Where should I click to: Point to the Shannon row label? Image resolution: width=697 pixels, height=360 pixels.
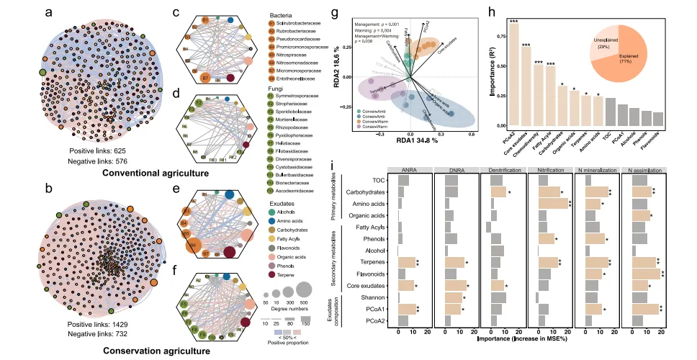click(375, 297)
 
